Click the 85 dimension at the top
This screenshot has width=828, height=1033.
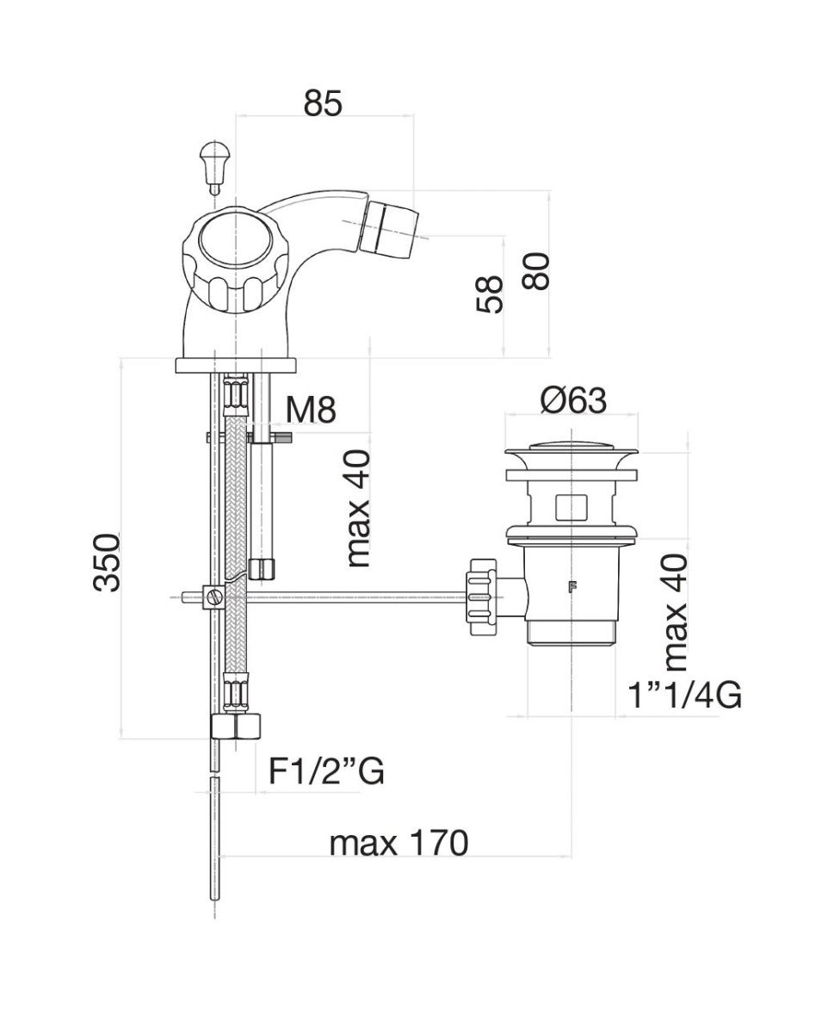click(323, 102)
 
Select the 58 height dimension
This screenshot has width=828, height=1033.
click(490, 295)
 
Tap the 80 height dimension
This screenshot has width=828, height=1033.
click(536, 271)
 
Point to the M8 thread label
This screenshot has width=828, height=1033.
click(310, 410)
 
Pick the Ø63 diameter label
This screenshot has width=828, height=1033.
click(573, 400)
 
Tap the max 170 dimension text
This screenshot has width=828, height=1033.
click(399, 844)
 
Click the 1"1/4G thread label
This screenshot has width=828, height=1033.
click(684, 696)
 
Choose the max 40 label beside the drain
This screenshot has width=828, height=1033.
click(677, 611)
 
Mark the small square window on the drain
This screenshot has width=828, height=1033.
click(571, 507)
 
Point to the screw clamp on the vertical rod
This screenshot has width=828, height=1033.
click(213, 596)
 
